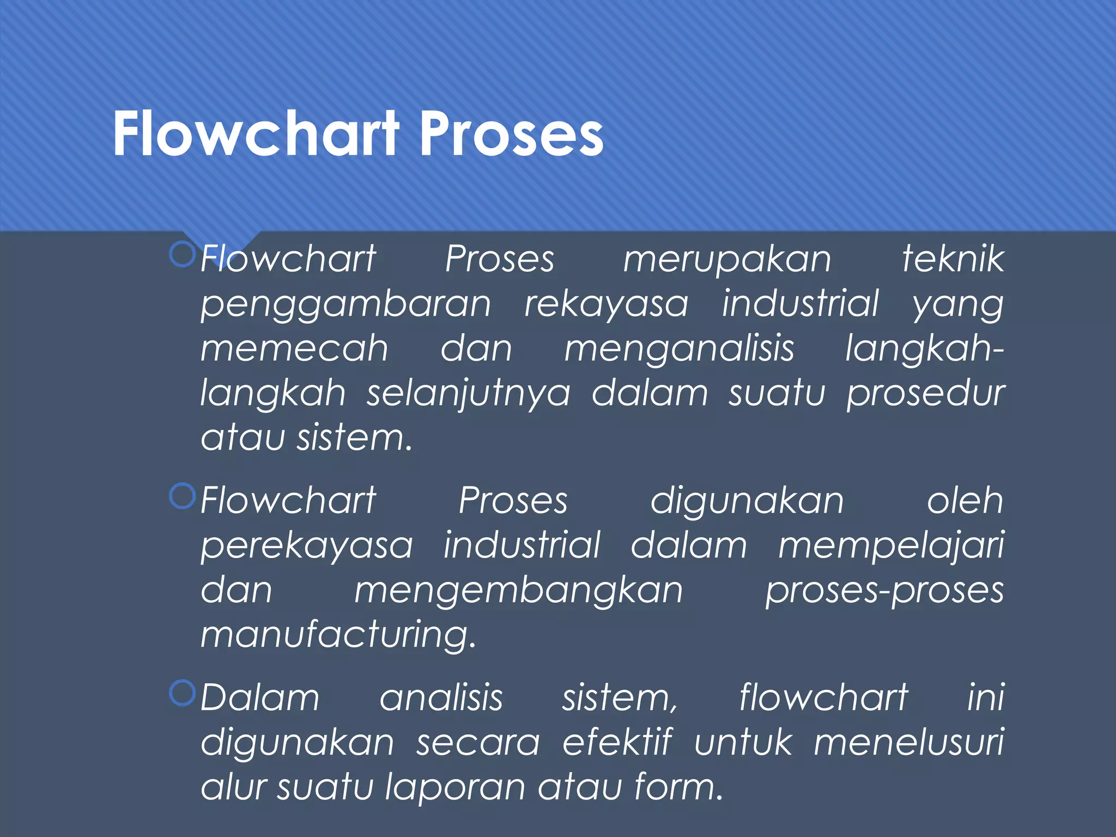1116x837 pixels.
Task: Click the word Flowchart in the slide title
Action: (256, 134)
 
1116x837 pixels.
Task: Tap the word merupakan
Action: (727, 259)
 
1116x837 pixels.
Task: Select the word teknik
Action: (953, 258)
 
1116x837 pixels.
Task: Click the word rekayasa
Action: (606, 304)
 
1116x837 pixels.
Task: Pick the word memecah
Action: (294, 349)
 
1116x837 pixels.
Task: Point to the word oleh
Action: (965, 500)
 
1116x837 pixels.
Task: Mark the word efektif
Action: (617, 742)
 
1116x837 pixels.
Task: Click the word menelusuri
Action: (908, 742)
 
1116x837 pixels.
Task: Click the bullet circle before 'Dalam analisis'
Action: (182, 693)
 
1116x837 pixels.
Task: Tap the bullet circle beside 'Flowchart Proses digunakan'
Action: (182, 496)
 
